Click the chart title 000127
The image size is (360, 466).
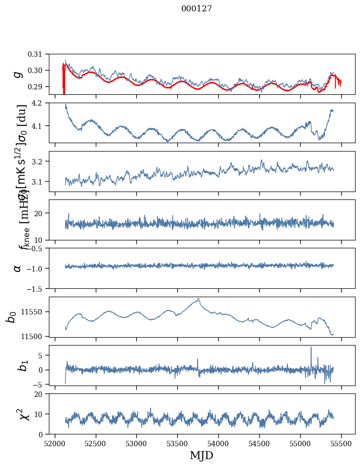(197, 9)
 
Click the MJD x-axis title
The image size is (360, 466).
(201, 455)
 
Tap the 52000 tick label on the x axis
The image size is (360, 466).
(55, 443)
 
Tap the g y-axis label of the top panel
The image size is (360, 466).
(18, 74)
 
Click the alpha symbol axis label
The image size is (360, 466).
(18, 268)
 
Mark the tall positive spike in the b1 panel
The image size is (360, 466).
(311, 348)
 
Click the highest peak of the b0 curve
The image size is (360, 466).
(199, 299)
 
